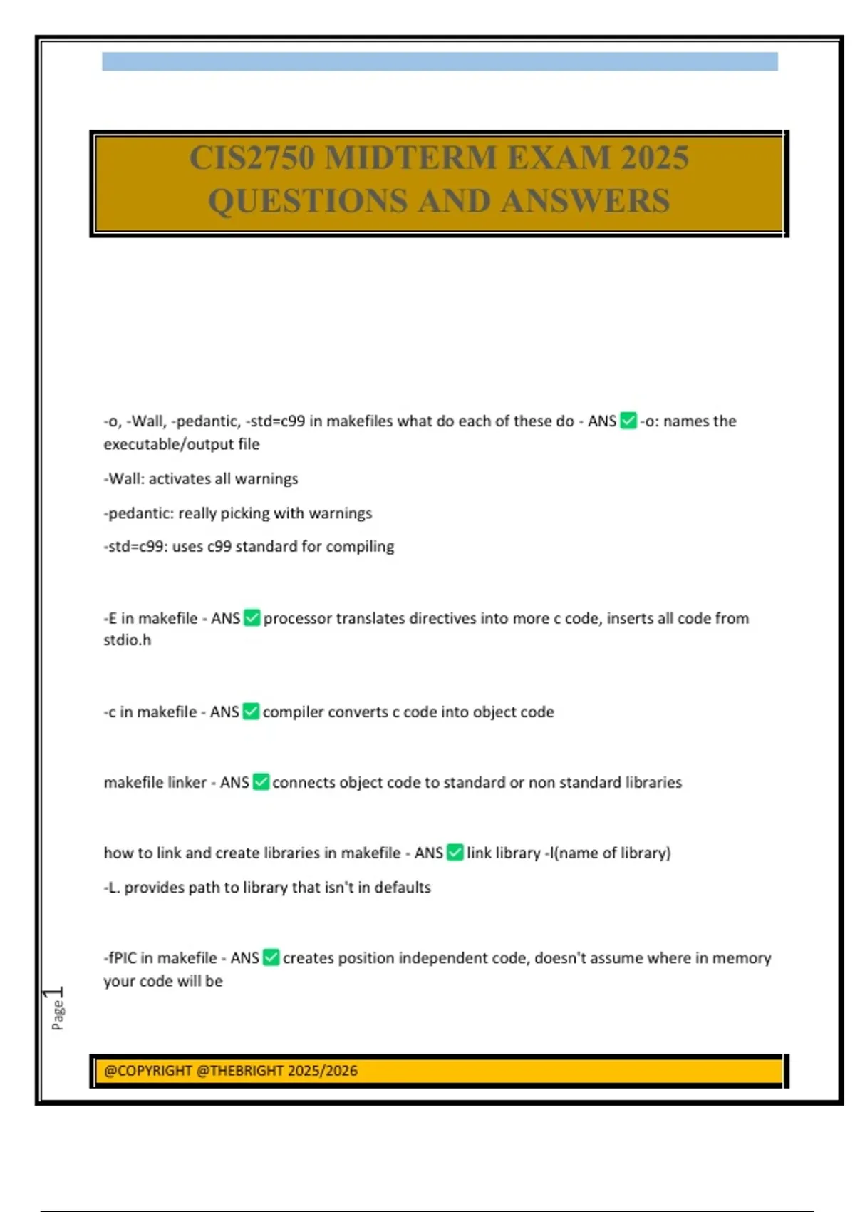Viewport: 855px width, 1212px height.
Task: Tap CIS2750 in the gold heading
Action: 252,158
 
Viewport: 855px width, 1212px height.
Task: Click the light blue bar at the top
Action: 440,61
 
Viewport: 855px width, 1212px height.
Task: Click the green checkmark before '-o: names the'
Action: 628,421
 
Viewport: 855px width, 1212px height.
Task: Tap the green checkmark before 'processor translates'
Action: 252,617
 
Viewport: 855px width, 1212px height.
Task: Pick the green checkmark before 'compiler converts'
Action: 251,711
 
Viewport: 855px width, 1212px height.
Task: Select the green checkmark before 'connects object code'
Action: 261,782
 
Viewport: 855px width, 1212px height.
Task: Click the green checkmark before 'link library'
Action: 455,852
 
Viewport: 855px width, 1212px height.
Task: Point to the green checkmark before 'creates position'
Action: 271,957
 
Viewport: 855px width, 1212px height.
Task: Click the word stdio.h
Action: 128,640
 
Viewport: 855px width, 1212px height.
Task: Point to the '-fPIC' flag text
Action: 120,957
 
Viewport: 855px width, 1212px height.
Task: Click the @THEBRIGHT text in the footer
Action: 239,1070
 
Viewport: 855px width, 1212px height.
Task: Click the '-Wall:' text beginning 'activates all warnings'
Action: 125,478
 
